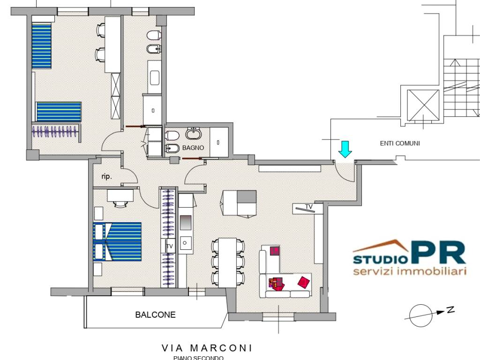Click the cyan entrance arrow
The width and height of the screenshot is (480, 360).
click(x=345, y=149)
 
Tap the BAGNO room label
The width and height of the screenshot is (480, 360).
click(x=193, y=147)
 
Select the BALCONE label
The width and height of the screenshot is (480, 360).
click(x=155, y=315)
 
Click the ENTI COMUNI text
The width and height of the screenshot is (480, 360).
click(x=400, y=143)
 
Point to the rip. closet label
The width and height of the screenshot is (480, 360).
click(x=106, y=177)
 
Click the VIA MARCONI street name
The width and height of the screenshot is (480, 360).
click(x=207, y=348)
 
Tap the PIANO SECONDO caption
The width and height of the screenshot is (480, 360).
click(x=198, y=358)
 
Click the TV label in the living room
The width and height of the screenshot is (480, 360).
click(x=309, y=206)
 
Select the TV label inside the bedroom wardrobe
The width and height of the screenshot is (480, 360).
click(x=170, y=246)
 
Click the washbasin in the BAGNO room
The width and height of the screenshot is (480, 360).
click(x=193, y=135)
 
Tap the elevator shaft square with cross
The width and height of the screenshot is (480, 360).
click(x=423, y=105)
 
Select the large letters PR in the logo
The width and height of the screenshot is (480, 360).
click(x=439, y=253)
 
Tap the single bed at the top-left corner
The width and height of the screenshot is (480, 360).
click(x=41, y=45)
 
